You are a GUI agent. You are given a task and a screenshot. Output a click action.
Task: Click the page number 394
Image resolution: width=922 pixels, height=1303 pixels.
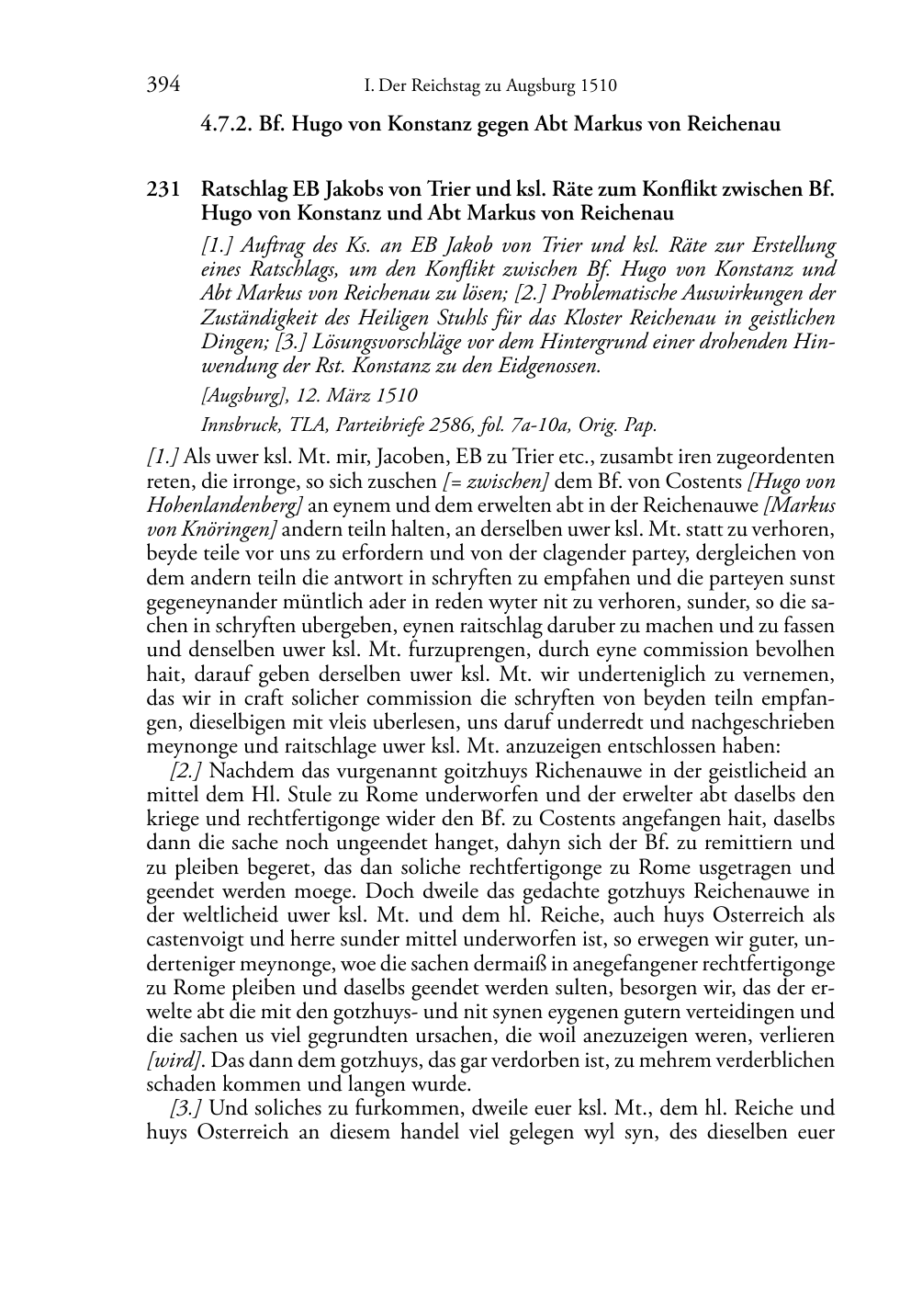(163, 86)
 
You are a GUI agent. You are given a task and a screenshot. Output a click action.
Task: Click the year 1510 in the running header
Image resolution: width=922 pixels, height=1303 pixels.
(598, 87)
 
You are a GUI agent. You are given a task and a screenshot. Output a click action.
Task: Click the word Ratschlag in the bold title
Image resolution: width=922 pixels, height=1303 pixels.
(242, 190)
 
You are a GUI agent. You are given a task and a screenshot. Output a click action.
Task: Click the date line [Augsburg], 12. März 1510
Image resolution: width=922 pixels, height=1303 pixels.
(309, 396)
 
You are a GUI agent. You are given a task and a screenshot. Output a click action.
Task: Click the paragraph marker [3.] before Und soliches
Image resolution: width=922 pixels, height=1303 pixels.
(187, 1108)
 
